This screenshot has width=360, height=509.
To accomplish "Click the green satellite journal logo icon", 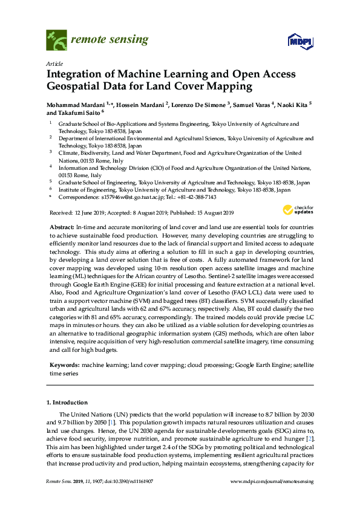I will [x=56, y=41].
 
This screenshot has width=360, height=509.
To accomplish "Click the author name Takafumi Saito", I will [x=81, y=113].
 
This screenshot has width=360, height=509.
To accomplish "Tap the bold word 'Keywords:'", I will [x=64, y=366].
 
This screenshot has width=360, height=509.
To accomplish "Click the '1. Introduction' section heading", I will [x=67, y=403].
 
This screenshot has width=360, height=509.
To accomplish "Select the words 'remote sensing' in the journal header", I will [x=110, y=40].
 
